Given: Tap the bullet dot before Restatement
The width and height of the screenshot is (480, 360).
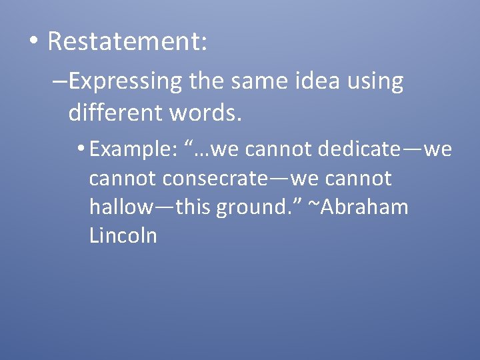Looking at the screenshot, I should (33, 42).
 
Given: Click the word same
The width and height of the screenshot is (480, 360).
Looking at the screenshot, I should (252, 81).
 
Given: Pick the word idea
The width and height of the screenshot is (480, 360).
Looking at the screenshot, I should (316, 81).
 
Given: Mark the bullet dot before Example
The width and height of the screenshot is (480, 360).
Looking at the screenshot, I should (82, 150).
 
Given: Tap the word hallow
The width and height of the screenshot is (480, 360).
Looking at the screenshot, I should (121, 207).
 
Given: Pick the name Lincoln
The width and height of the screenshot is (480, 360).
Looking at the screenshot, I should (123, 235).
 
